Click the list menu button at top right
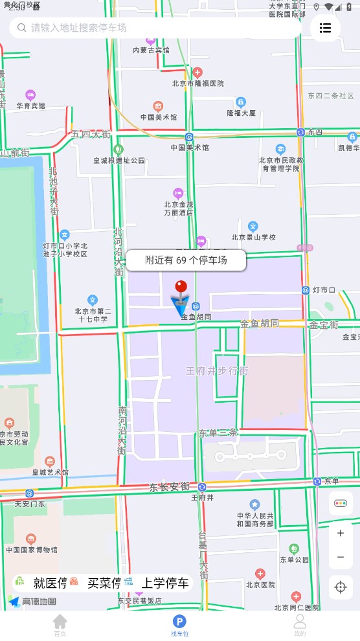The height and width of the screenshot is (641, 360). pos(325,28)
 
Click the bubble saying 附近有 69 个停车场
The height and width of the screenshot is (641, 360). pos(186,260)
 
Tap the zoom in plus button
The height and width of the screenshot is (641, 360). pos(341,533)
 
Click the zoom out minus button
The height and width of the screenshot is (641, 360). pos(341,557)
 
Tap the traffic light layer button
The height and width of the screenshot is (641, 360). pos(341,503)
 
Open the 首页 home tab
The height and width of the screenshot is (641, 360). pos(60,625)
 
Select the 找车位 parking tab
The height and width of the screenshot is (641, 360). pos(179,625)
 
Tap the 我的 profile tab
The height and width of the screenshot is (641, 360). pos(300,625)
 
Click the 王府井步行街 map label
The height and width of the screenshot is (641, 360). pos(217,371)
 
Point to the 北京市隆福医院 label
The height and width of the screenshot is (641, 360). pos(198,83)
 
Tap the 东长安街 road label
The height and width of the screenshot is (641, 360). pos(169,486)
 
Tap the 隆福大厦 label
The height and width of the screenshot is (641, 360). pos(241,112)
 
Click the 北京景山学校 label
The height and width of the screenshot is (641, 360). pos(253,237)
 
